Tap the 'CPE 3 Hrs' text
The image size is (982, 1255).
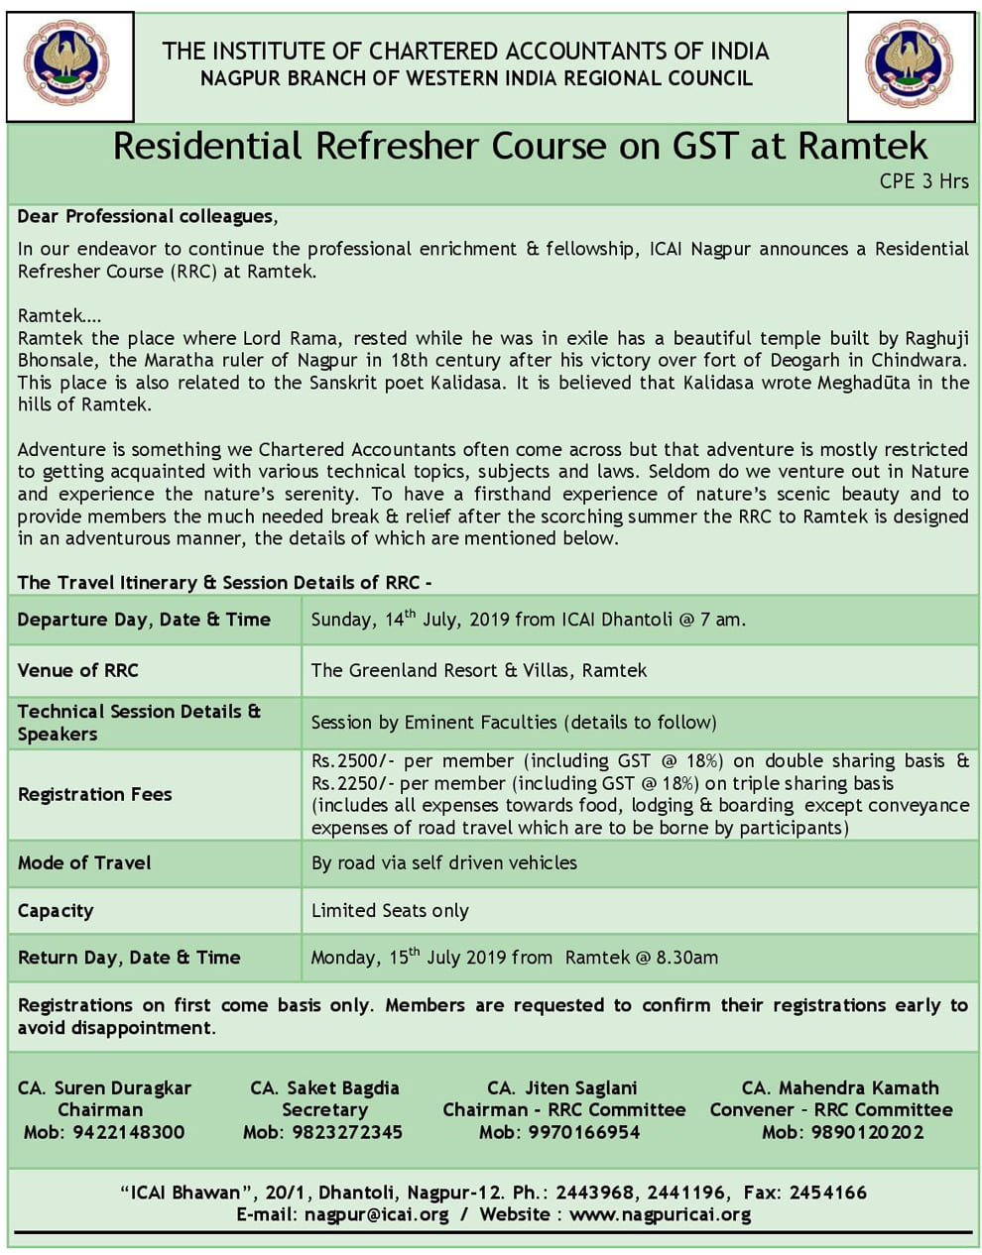[923, 181]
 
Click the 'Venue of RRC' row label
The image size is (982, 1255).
[78, 670]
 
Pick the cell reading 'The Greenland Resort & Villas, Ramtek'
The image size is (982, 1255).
[478, 670]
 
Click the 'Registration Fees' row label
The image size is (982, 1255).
[95, 794]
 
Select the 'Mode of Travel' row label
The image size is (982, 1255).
[84, 862]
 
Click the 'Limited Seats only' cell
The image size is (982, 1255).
[390, 910]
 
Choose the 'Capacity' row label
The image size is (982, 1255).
[56, 910]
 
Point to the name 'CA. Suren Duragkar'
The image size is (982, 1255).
[104, 1087]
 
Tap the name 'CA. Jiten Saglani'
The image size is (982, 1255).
[562, 1087]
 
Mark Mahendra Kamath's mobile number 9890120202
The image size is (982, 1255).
[867, 1132]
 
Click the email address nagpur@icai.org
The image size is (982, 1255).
[377, 1214]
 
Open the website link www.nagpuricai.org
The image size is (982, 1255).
[660, 1214]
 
